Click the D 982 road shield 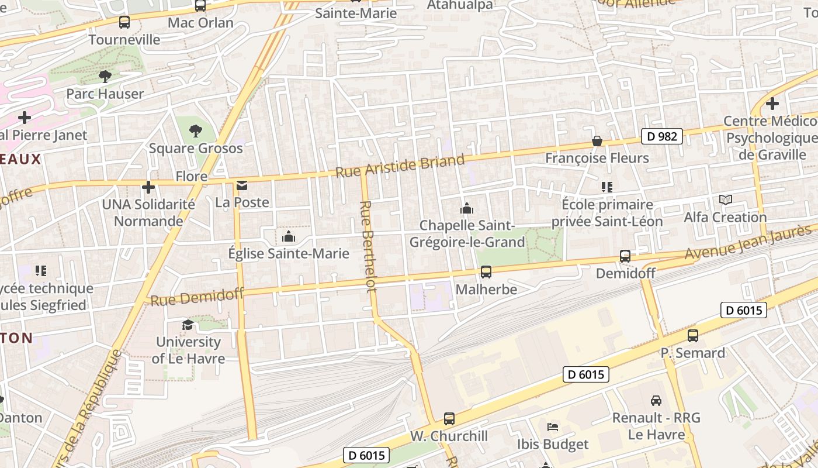click(662, 136)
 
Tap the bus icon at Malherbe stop click(486, 272)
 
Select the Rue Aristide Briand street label click(400, 166)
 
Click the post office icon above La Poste click(242, 186)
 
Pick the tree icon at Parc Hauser click(105, 76)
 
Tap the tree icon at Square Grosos click(196, 130)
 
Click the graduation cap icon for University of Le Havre click(188, 325)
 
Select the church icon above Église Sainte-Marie click(288, 236)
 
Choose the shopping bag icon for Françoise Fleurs click(597, 141)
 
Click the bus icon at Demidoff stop click(625, 256)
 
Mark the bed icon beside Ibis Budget click(553, 426)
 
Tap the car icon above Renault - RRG click(656, 401)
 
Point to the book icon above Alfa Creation click(726, 200)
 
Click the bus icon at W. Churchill click(449, 419)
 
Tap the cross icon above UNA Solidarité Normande click(148, 187)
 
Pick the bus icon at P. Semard click(693, 336)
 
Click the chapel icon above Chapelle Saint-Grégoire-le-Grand click(466, 208)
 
